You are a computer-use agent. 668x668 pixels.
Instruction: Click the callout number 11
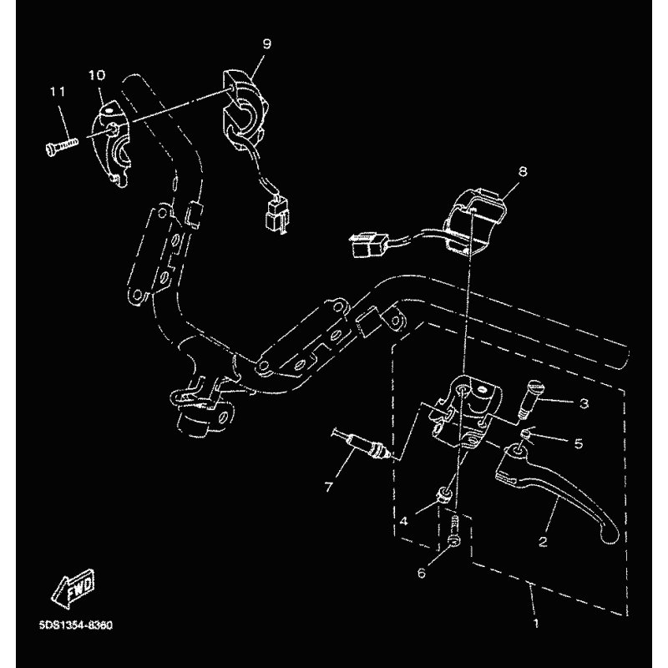[x=58, y=92]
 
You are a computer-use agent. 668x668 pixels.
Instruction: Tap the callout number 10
[x=97, y=75]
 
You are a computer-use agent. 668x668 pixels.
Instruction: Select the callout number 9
[x=266, y=44]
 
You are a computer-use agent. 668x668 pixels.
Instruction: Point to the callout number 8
[x=523, y=171]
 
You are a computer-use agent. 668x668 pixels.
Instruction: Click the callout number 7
[x=328, y=487]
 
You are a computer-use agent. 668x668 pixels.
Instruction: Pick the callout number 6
[x=422, y=574]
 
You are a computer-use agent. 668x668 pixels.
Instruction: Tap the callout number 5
[x=578, y=444]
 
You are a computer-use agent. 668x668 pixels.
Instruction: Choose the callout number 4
[x=403, y=520]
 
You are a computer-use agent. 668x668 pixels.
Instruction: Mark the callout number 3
[x=584, y=403]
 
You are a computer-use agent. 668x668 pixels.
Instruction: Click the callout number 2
[x=542, y=541]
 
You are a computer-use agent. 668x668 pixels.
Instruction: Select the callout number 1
[x=536, y=623]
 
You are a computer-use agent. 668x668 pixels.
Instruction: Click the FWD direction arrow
[x=73, y=589]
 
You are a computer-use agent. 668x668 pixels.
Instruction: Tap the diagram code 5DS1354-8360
[x=76, y=625]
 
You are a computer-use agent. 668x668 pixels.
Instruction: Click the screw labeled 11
[x=62, y=144]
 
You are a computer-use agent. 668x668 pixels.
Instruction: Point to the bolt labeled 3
[x=530, y=399]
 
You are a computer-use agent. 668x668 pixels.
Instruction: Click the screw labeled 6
[x=454, y=529]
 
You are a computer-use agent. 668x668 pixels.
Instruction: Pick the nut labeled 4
[x=443, y=495]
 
